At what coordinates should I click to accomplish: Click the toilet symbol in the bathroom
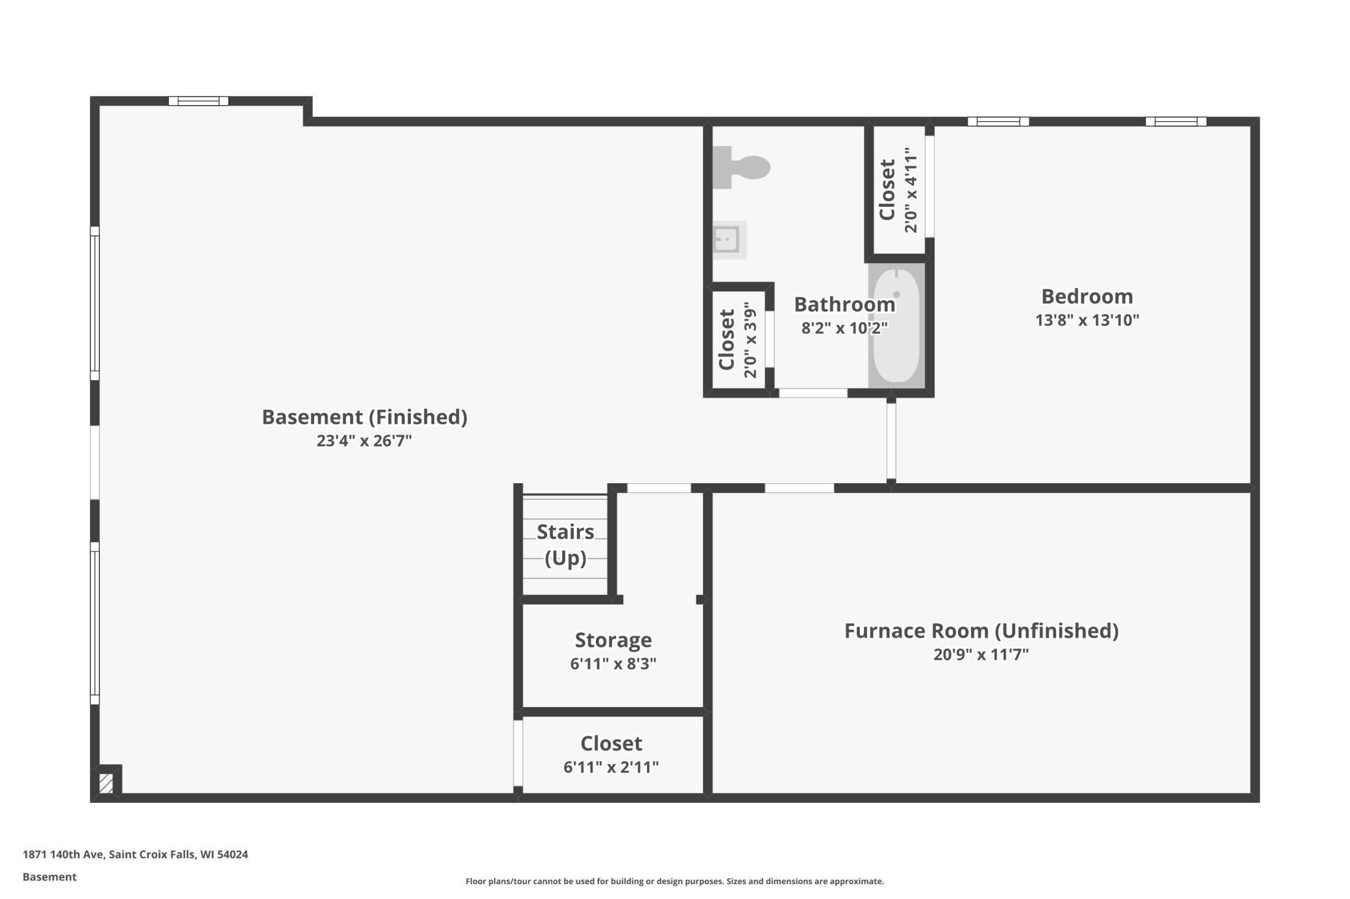point(741,167)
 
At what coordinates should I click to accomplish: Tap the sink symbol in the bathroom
point(729,240)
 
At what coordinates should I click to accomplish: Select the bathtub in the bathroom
point(896,325)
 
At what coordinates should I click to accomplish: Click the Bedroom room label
point(1087,296)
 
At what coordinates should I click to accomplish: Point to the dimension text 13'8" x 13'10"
point(1087,320)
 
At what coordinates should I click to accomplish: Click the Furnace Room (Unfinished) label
point(981,630)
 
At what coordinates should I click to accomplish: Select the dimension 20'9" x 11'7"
point(981,654)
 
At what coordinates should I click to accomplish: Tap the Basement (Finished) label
point(364,417)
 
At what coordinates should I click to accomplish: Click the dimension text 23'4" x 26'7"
point(364,441)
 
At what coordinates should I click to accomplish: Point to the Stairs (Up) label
point(565,544)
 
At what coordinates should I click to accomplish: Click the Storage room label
point(613,640)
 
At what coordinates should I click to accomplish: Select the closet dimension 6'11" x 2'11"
point(611,767)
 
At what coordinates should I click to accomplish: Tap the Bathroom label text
point(844,304)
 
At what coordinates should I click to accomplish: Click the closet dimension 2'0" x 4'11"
point(911,189)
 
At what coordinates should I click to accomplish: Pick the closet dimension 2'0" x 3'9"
point(750,339)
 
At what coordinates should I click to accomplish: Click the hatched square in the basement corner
point(106,783)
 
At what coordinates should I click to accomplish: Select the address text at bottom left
point(135,854)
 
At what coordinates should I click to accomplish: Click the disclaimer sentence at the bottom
point(674,881)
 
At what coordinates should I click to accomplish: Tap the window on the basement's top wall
point(199,101)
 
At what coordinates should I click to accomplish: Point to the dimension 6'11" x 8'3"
point(613,664)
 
